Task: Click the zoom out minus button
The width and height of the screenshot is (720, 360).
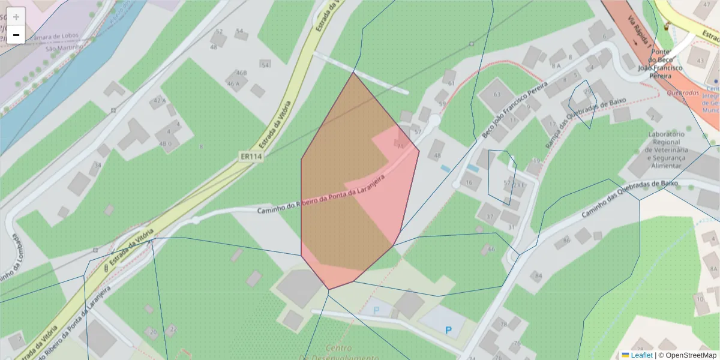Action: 16,35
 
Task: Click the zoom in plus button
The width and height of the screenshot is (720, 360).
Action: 16,16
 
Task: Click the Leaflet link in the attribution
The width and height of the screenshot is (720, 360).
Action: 641,355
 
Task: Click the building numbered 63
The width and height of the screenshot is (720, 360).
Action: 496,95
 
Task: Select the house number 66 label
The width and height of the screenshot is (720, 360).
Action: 491,249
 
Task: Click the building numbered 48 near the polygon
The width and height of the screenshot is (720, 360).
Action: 437,155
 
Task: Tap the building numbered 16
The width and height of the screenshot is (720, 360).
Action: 469,182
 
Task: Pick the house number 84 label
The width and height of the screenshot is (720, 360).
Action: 538,276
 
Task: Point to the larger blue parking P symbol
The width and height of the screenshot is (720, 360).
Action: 448,329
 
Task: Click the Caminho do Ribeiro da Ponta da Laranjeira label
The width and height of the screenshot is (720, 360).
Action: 321,197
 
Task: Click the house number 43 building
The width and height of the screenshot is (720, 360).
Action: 700,61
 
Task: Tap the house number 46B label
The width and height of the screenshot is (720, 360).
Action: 241,73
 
